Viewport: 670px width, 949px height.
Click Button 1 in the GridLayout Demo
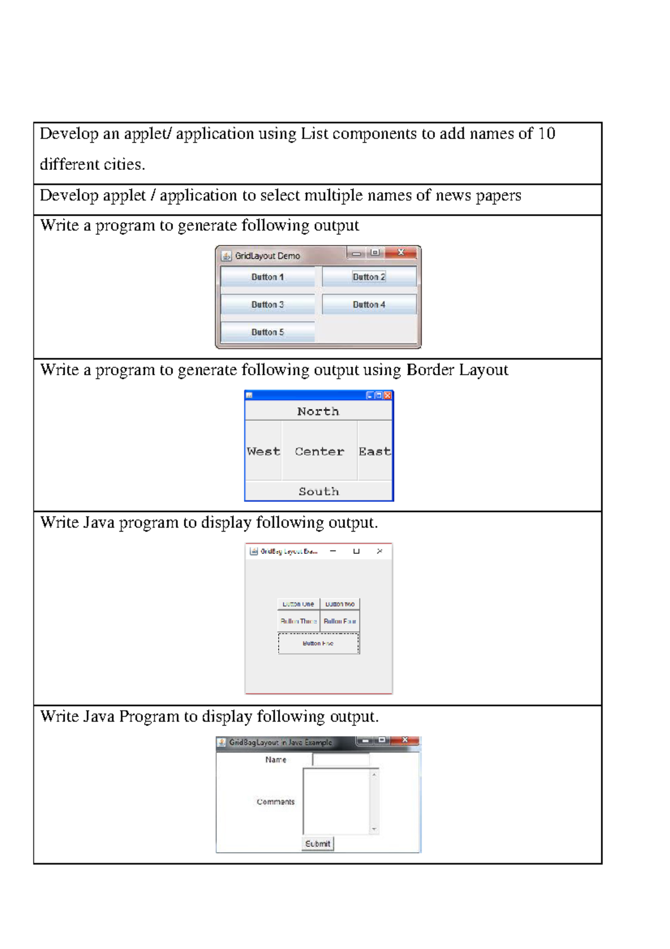267,277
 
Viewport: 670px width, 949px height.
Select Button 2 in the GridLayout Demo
369,277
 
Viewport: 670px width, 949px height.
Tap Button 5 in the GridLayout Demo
267,332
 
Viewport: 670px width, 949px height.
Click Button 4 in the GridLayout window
369,305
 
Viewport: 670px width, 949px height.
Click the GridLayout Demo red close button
401,253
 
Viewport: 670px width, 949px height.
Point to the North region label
318,411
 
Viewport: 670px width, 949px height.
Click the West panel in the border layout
264,451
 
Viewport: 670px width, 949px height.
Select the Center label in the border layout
319,451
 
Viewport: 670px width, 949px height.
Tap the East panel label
375,451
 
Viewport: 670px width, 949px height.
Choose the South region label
319,491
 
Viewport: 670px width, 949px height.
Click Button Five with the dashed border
319,643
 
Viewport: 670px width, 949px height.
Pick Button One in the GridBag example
299,604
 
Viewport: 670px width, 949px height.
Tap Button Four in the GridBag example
340,621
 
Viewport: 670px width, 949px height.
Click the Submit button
318,843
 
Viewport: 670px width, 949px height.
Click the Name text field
341,760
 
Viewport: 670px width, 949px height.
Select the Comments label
275,801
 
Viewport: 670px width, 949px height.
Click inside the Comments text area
336,801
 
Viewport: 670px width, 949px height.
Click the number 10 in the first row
547,134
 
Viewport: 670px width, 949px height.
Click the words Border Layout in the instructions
457,370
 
